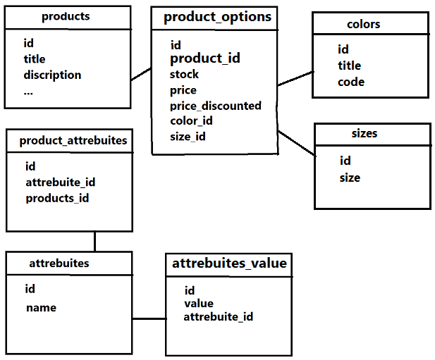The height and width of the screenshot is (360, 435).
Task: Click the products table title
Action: coord(66,16)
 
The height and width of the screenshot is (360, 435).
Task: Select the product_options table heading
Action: coord(217,17)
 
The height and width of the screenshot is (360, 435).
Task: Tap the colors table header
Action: coord(364,24)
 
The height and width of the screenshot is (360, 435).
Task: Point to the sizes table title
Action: coord(364,133)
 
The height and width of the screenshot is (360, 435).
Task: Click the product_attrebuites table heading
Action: coord(73,140)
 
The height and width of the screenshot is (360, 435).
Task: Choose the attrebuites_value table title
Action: coord(229,263)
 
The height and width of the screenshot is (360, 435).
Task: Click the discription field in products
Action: coord(52,75)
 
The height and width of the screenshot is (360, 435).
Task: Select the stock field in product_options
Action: coord(184,74)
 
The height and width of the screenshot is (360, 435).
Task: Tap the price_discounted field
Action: coord(215,106)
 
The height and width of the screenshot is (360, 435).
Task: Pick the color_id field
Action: coord(191,121)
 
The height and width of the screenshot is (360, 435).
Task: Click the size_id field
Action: coord(188,137)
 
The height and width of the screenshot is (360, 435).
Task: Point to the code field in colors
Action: coord(351,82)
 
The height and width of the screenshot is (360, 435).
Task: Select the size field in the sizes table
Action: coord(350,178)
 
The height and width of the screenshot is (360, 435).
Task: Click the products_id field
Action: coord(57,198)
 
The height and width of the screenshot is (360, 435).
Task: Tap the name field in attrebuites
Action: coord(41,307)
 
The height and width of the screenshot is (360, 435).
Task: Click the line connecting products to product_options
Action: coord(141,74)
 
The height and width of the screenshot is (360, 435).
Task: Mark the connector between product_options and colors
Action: coord(295,78)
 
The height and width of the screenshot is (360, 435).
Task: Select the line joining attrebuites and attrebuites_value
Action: coord(148,318)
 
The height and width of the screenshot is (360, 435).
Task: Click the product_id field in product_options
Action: coord(204,58)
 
